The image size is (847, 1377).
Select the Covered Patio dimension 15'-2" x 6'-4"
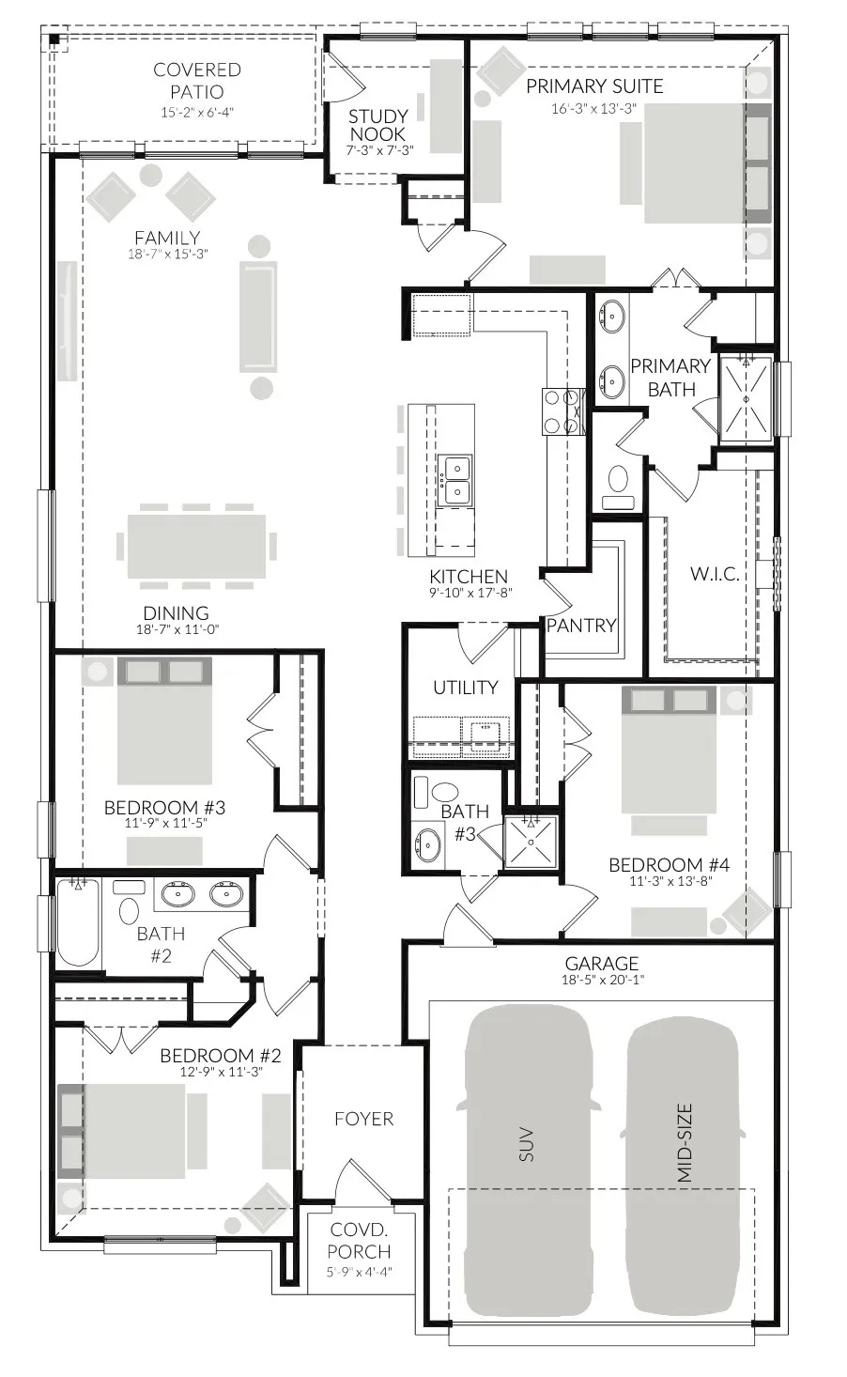tap(196, 113)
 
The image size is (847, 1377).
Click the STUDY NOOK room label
tap(378, 125)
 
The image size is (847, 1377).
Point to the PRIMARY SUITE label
tap(593, 86)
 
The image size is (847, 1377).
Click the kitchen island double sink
tap(456, 480)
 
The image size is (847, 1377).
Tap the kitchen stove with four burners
tap(562, 411)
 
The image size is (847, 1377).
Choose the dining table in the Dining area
tap(197, 545)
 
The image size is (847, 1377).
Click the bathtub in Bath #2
tap(78, 922)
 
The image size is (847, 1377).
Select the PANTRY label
tap(580, 626)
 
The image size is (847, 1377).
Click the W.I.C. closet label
tap(715, 574)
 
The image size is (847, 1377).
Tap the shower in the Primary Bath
tap(746, 398)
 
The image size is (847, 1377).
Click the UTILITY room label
tap(465, 688)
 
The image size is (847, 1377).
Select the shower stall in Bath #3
tap(531, 842)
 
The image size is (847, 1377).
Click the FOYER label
tap(363, 1119)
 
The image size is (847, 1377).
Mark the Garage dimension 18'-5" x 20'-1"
tap(602, 980)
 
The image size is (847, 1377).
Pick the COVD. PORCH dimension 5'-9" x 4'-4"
tap(359, 1273)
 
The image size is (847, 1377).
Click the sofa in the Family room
tap(257, 317)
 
